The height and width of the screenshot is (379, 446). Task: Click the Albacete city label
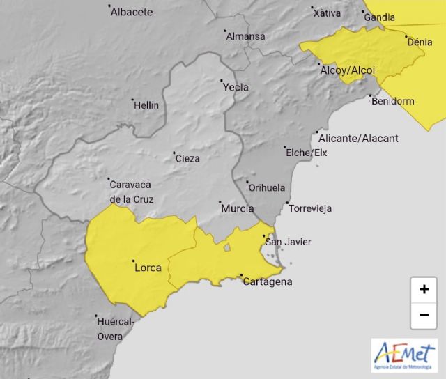click(132, 12)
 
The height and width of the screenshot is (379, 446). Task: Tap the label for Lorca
click(148, 268)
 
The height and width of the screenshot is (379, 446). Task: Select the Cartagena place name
click(267, 282)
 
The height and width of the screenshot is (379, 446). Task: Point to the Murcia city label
click(236, 208)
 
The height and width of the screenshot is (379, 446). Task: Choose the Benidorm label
click(393, 101)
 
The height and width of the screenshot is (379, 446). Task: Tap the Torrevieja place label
click(310, 208)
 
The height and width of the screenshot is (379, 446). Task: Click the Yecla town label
click(236, 88)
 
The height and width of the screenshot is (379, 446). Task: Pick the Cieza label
click(187, 158)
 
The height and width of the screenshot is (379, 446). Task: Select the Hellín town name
click(146, 105)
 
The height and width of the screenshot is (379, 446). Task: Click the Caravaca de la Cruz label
click(131, 192)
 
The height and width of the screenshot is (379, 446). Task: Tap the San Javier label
click(288, 242)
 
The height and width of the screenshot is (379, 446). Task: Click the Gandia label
click(380, 17)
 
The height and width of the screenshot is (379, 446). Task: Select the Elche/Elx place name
click(306, 153)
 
